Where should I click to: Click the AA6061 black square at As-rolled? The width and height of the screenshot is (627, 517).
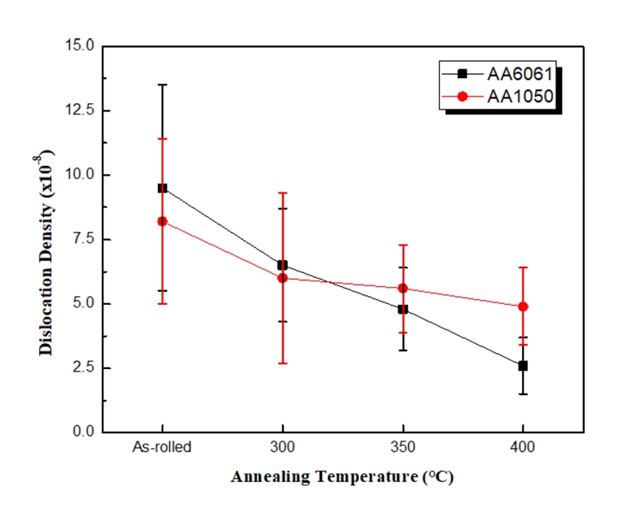162,188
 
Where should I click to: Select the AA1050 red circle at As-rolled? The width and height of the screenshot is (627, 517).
162,221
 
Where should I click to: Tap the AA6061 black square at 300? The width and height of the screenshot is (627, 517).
282,265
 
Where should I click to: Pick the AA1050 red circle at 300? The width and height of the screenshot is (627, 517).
282,278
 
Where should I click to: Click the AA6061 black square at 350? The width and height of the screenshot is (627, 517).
403,309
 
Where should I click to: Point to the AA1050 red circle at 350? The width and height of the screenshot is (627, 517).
403,289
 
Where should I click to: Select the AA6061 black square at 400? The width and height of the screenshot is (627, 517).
523,366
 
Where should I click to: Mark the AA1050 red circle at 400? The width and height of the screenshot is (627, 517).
523,306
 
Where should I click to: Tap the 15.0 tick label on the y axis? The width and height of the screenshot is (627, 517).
81,46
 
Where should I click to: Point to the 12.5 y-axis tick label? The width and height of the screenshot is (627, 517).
81,110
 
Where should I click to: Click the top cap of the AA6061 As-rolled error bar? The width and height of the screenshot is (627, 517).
162,85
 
